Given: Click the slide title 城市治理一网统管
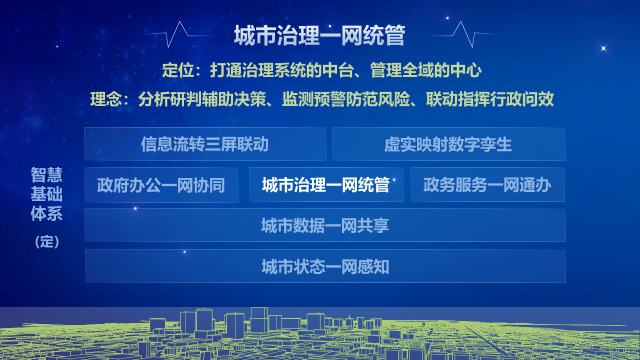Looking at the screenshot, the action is [319, 35].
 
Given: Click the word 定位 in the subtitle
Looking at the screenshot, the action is [178, 70].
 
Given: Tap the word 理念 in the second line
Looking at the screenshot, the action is [106, 99].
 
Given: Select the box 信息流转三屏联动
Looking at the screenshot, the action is [205, 144].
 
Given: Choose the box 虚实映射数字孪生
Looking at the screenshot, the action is [448, 144].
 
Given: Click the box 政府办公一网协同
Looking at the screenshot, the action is [161, 185].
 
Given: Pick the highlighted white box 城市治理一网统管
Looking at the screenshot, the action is [326, 185].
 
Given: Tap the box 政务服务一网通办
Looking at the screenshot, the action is [487, 185].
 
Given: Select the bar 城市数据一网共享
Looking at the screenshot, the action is [325, 225].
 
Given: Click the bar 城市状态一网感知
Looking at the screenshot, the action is [325, 267].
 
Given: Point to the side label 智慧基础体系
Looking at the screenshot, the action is [47, 194].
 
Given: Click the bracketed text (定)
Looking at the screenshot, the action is [47, 242].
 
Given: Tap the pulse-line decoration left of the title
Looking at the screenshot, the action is [178, 35].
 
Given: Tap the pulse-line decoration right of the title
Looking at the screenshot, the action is [463, 35].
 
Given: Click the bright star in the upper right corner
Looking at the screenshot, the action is [603, 48].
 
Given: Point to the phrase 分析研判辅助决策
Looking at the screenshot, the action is [202, 99].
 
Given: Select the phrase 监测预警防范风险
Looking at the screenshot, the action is [346, 99].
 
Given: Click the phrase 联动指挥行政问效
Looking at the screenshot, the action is [490, 99].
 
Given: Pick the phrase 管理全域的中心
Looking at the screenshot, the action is [426, 70].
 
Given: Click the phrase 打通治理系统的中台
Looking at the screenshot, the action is [282, 70].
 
